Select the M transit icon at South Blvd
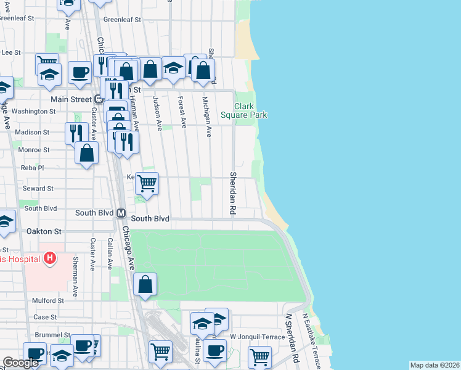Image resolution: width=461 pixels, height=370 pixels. tap(121, 213)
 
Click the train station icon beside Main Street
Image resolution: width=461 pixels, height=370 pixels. tap(97, 99)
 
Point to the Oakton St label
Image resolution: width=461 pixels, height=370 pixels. tap(44, 231)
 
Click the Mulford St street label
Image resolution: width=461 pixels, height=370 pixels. tap(49, 300)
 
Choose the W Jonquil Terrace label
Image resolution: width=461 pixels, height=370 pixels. tap(257, 337)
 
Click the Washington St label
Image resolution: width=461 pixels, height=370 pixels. tap(34, 112)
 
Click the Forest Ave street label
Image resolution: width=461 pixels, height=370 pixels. tap(181, 112)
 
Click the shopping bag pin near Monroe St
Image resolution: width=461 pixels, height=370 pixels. tap(87, 153)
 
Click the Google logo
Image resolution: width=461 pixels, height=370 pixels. tap(21, 363)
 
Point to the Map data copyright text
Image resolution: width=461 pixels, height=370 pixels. tap(434, 365)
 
